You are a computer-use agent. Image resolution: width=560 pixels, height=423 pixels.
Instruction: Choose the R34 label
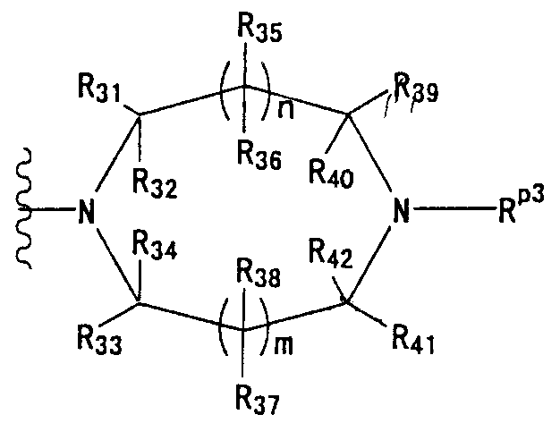[155, 245]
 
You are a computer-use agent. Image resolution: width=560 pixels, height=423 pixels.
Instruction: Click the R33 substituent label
[100, 341]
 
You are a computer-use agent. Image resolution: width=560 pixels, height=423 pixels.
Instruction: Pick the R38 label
[259, 275]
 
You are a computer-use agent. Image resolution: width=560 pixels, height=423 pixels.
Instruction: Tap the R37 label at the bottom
[258, 401]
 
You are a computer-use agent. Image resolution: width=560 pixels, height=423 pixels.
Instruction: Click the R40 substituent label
[331, 173]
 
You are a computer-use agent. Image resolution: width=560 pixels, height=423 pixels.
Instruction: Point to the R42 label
[331, 254]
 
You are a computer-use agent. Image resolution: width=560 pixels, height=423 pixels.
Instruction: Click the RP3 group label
[522, 207]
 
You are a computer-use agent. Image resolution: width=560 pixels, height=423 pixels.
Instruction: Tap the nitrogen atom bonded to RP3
[401, 211]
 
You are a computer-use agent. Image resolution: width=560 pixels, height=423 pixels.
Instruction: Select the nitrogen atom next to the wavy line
[86, 211]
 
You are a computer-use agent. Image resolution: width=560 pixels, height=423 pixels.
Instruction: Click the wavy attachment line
[24, 208]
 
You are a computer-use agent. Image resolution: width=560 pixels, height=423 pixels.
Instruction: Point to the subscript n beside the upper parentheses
[285, 110]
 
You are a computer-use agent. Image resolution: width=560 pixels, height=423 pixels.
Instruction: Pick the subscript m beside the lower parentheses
[284, 345]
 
